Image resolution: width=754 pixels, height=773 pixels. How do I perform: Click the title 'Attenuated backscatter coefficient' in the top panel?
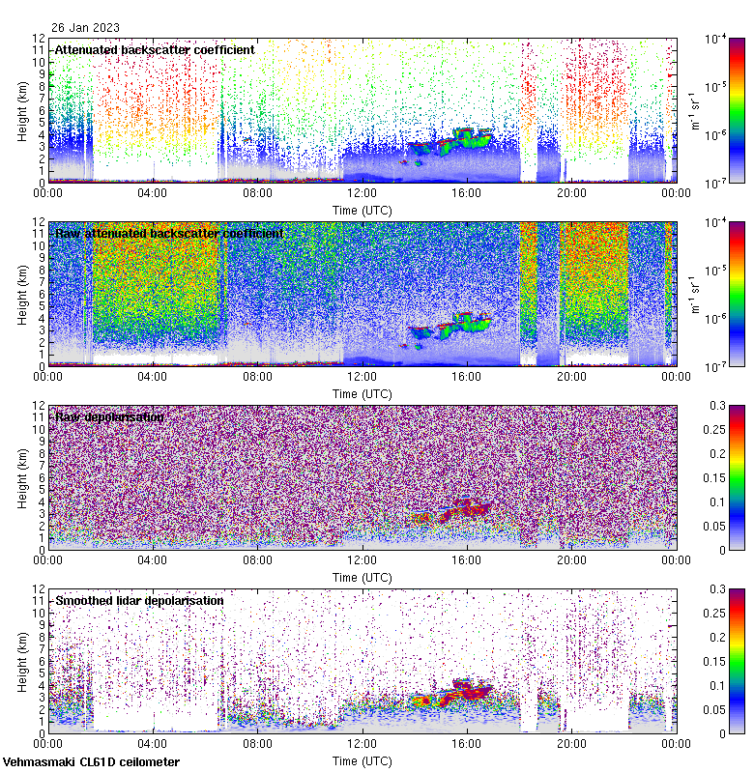click(x=155, y=49)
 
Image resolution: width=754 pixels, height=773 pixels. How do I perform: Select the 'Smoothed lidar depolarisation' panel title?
click(x=139, y=600)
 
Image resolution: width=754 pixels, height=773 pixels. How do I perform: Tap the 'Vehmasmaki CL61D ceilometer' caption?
click(x=91, y=761)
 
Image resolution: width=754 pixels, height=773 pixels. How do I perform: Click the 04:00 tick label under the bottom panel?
click(x=153, y=743)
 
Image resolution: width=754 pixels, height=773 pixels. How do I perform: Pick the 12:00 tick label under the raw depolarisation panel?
click(x=362, y=559)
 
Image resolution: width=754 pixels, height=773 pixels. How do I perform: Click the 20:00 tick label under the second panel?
click(x=571, y=376)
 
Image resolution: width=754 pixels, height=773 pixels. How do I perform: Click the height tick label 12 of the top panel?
click(x=40, y=39)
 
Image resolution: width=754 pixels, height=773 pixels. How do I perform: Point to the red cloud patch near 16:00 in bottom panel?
click(x=467, y=689)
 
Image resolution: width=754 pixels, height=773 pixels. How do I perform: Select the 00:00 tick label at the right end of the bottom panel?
click(x=676, y=743)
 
